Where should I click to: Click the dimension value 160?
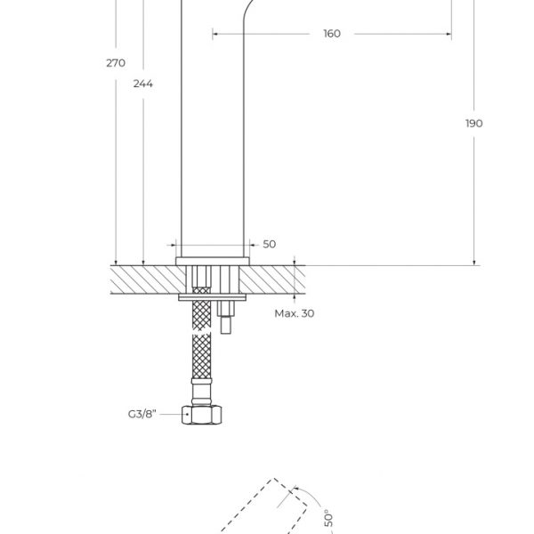pos(331,34)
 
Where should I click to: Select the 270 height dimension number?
pos(115,62)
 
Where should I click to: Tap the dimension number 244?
pos(142,84)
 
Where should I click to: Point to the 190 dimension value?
pos(473,123)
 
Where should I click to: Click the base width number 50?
pos(270,244)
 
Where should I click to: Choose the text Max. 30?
pos(294,313)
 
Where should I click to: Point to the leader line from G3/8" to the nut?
pos(174,414)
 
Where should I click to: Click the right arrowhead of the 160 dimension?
pos(449,34)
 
